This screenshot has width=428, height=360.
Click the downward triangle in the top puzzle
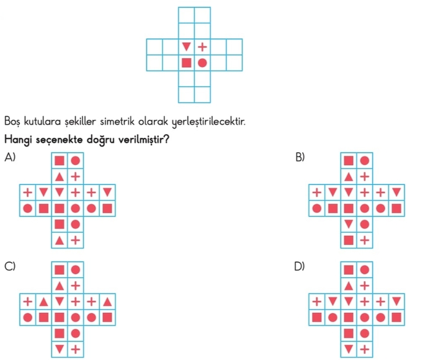click(186, 47)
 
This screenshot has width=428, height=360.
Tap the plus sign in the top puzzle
click(202, 47)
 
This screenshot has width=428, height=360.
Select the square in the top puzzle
click(186, 63)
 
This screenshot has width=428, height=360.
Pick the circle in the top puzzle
click(202, 63)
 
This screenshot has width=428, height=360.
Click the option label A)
click(9, 158)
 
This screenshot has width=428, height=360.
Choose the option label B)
click(300, 158)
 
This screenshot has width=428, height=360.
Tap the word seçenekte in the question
click(60, 140)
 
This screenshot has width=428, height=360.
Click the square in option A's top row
click(60, 160)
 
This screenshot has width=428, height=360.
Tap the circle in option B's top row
click(365, 160)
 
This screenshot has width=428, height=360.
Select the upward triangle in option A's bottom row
click(60, 240)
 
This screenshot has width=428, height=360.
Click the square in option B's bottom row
click(349, 240)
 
